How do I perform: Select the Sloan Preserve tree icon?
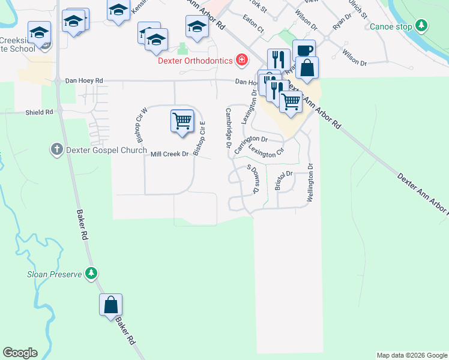(x=91, y=274)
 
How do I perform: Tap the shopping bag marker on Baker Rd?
(x=111, y=305)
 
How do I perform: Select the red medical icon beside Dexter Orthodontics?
(x=241, y=59)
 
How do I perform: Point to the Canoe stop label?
(x=391, y=26)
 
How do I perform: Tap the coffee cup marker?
(x=304, y=50)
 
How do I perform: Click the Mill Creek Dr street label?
(x=170, y=154)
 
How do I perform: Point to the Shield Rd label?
(x=39, y=112)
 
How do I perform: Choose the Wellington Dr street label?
(x=310, y=184)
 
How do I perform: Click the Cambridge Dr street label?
(x=229, y=128)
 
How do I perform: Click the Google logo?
(x=20, y=353)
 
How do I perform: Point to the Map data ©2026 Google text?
(x=411, y=355)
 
